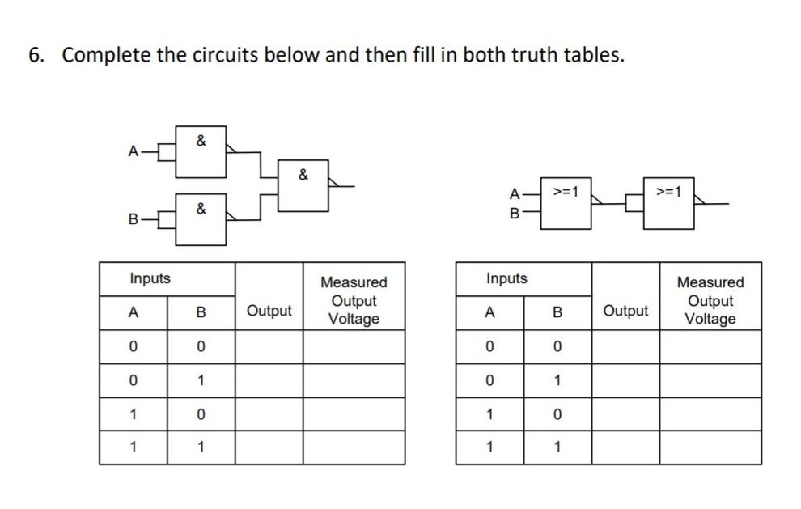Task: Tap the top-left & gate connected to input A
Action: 201,151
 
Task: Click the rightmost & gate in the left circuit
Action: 303,186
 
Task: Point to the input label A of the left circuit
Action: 132,151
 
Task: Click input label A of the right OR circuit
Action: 514,193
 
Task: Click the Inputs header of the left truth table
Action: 150,278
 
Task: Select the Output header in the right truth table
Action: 625,311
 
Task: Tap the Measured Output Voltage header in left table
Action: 354,300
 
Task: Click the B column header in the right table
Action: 557,312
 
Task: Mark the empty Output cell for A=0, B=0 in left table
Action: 269,346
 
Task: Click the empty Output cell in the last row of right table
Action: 625,447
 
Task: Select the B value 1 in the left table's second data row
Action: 201,380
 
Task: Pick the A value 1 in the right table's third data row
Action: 489,414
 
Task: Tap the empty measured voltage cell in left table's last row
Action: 354,447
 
